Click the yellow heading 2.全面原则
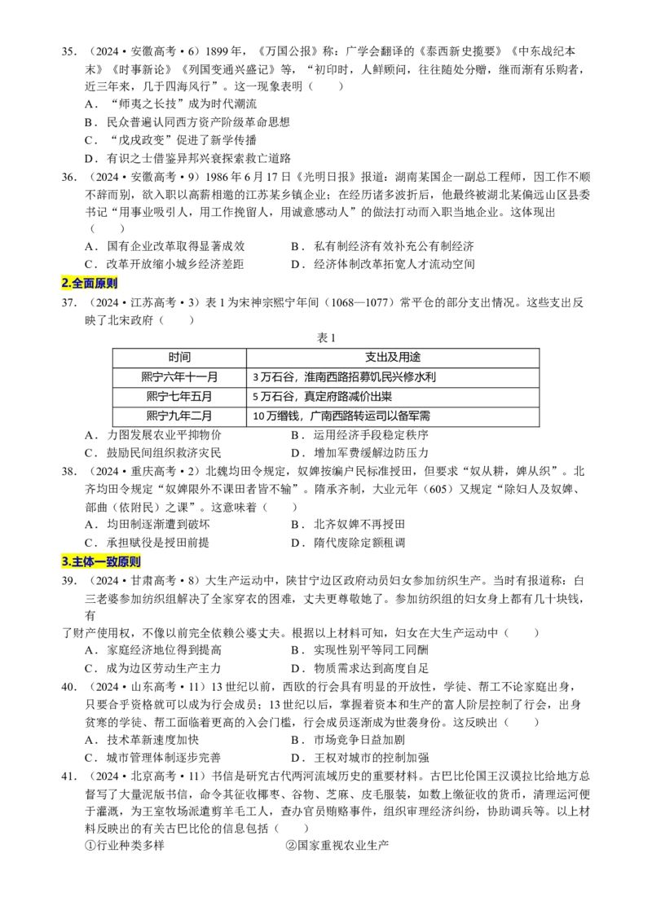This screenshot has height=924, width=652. point(90,284)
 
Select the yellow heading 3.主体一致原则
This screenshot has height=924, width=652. point(101,562)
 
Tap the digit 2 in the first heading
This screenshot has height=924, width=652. point(64,284)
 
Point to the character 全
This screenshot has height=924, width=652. point(77,284)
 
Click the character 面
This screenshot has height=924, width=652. point(89,284)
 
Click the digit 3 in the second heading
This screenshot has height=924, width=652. point(64,562)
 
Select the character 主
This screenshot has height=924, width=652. point(77,562)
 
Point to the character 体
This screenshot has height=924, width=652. point(89,562)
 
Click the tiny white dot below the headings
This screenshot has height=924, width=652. point(96,616)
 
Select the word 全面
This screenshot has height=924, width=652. point(83,284)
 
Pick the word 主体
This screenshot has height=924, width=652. point(83,562)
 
